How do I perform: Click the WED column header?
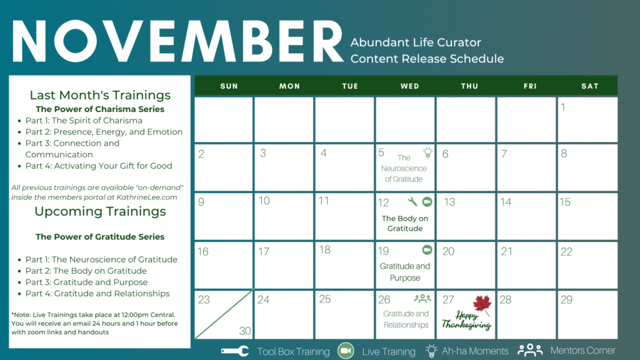point(409,86)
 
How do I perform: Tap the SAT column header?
point(590,86)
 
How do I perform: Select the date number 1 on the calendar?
point(563,107)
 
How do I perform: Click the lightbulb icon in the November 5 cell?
point(427,152)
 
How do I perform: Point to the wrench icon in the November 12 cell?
point(412,201)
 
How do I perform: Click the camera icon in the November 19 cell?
point(427,249)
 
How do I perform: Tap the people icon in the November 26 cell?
point(422,299)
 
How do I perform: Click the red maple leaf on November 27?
point(482,305)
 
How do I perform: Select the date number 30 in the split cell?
point(245,331)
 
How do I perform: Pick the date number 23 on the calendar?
point(204,300)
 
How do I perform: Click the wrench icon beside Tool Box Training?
point(235,351)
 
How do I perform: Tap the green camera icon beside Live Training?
point(346,351)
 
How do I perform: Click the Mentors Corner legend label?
point(582,351)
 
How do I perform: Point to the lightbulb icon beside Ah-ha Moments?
point(431,351)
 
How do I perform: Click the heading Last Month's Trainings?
point(100,95)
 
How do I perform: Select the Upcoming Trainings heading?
point(100,211)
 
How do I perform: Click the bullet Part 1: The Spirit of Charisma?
point(84,121)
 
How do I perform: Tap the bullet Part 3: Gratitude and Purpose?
point(86,282)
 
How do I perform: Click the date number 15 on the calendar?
point(565,202)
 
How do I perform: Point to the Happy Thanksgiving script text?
point(466,320)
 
